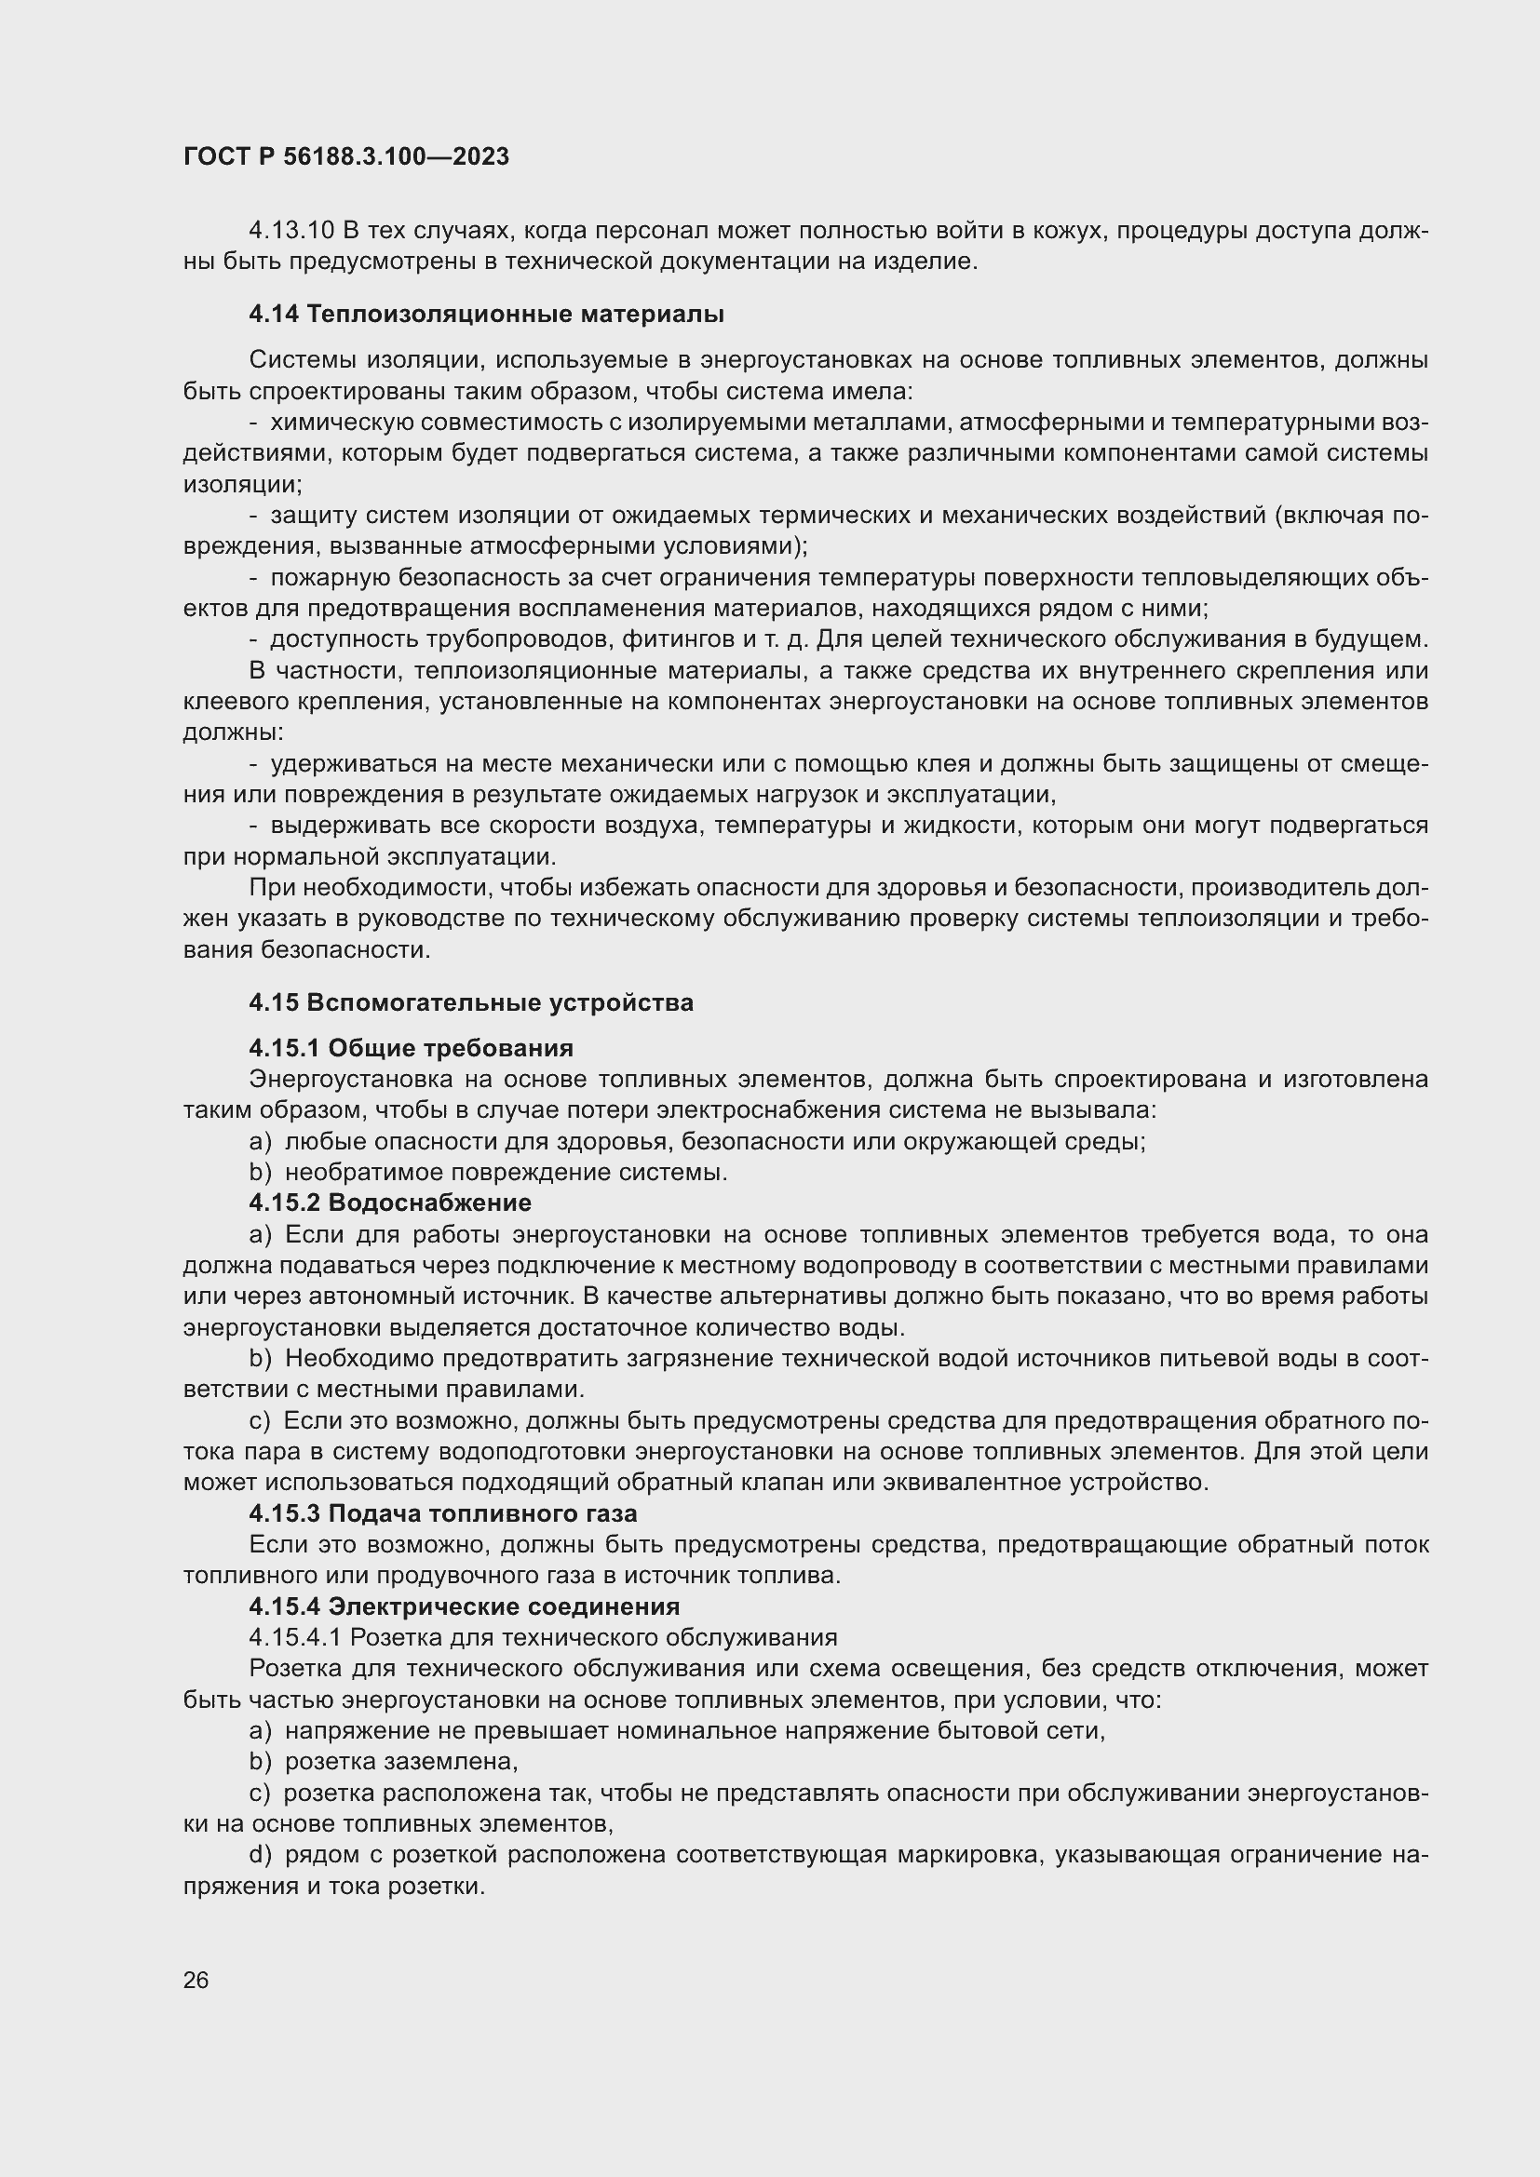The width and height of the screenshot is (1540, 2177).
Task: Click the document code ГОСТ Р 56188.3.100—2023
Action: pos(346,156)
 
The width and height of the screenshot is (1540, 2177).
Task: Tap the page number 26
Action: pos(196,1980)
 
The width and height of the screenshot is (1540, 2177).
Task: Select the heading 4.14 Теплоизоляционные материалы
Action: pos(486,314)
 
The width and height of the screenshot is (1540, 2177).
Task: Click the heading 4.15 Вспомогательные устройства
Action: pos(471,1002)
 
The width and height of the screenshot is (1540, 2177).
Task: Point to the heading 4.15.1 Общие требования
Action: pos(411,1048)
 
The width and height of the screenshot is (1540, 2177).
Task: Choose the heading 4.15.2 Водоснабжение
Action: pos(390,1203)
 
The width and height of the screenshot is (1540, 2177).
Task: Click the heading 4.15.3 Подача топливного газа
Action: pos(443,1513)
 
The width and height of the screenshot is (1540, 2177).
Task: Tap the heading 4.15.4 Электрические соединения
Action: pos(465,1606)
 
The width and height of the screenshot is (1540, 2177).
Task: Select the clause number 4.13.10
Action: pos(291,231)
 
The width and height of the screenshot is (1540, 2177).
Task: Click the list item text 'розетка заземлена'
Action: pos(401,1762)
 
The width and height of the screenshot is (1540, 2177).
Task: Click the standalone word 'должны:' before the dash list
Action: pos(234,732)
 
